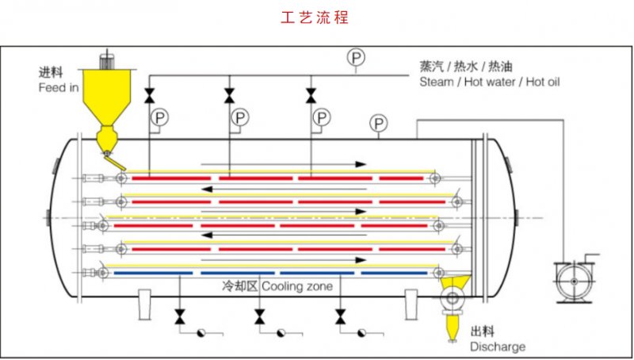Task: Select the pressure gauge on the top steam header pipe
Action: click(357, 57)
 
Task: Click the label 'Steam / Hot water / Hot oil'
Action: click(490, 82)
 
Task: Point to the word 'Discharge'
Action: click(497, 347)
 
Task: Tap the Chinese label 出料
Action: click(483, 332)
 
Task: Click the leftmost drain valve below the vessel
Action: click(180, 318)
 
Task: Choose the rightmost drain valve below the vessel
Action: click(340, 318)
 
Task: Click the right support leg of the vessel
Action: click(411, 304)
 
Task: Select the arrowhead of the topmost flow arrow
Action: click(361, 164)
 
